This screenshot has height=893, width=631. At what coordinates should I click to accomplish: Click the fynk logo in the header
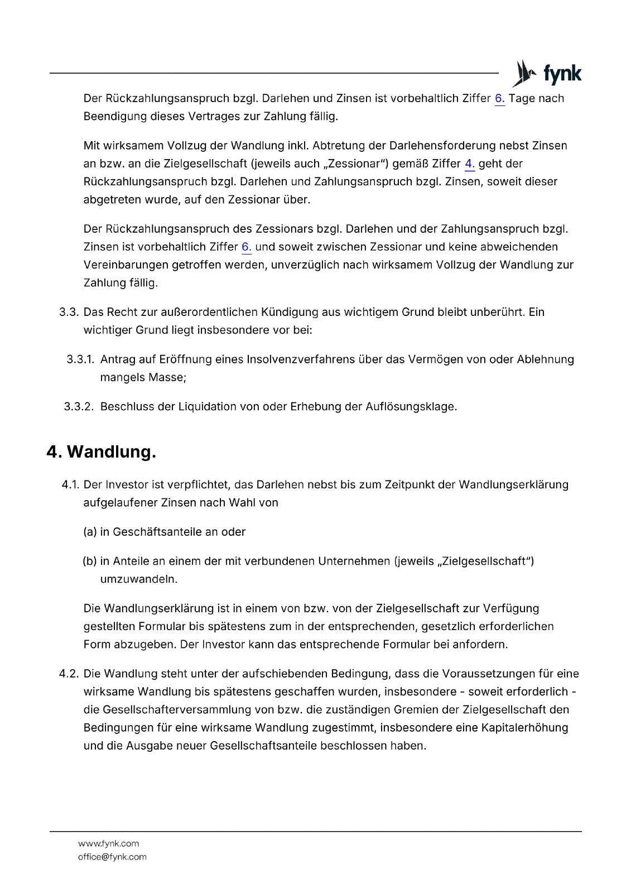547,74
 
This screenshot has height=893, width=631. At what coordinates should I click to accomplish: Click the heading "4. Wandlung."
101,452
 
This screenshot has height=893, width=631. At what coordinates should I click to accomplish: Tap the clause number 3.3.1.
80,359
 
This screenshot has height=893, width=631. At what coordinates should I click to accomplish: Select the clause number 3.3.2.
79,407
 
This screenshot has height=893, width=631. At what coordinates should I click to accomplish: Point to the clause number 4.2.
69,674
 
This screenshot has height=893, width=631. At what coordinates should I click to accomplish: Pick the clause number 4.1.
71,484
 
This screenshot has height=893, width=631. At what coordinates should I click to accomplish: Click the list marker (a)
90,532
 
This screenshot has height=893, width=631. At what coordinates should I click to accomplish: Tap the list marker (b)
90,561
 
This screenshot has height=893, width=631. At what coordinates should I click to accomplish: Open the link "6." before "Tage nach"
499,99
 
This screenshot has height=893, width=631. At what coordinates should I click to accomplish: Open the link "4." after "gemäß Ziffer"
469,164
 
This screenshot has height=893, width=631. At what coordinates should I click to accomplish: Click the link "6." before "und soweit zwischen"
246,247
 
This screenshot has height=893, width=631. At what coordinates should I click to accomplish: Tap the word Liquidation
207,407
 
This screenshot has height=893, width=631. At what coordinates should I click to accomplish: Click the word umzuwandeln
138,579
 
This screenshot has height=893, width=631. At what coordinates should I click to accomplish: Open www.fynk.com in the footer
108,843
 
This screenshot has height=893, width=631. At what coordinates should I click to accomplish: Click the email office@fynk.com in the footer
112,857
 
